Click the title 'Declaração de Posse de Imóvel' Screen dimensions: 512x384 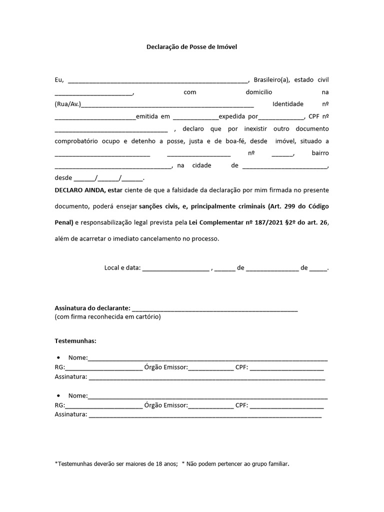pyautogui.click(x=191, y=46)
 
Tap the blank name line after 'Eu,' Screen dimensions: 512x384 pyautogui.click(x=157, y=81)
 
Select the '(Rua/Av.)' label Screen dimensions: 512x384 pyautogui.click(x=67, y=104)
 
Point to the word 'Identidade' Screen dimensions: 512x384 pyautogui.click(x=287, y=104)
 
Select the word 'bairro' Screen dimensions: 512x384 pyautogui.click(x=320, y=153)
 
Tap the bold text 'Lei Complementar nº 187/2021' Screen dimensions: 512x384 pyautogui.click(x=230, y=222)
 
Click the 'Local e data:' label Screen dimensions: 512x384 pyautogui.click(x=122, y=268)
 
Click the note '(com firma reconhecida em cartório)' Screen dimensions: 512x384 pyautogui.click(x=107, y=317)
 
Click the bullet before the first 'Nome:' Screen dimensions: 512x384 pyautogui.click(x=59, y=358)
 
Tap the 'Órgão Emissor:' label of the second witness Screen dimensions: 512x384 pyautogui.click(x=165, y=405)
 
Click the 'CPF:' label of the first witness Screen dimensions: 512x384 pyautogui.click(x=242, y=367)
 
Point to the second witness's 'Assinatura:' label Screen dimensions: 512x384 pyautogui.click(x=70, y=414)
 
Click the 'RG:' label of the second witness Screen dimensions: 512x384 pyautogui.click(x=59, y=405)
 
